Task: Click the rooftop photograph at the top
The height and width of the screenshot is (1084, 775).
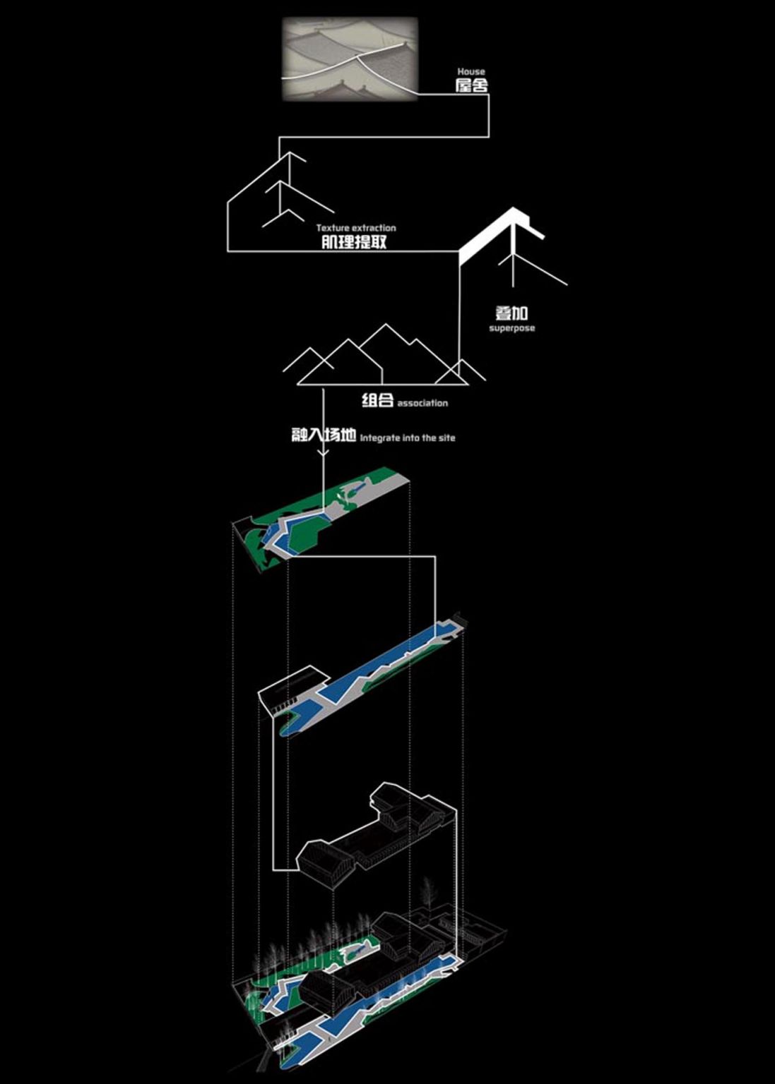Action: coord(350,59)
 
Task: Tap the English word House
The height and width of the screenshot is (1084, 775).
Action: coord(471,71)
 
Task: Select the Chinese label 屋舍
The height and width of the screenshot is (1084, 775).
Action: coord(471,85)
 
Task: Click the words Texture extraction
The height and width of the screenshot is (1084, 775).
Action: coord(356,228)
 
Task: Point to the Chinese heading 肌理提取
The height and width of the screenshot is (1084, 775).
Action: coord(355,242)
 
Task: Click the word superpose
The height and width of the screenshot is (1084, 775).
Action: coord(512,328)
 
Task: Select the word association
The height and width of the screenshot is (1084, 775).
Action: coord(422,403)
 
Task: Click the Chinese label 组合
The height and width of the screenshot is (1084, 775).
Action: coord(377,401)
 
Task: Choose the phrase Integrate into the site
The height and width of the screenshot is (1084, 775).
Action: coord(408,438)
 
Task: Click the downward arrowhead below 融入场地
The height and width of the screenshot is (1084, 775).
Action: coord(323,453)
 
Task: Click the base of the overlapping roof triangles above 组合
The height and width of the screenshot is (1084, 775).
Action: coord(383,385)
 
